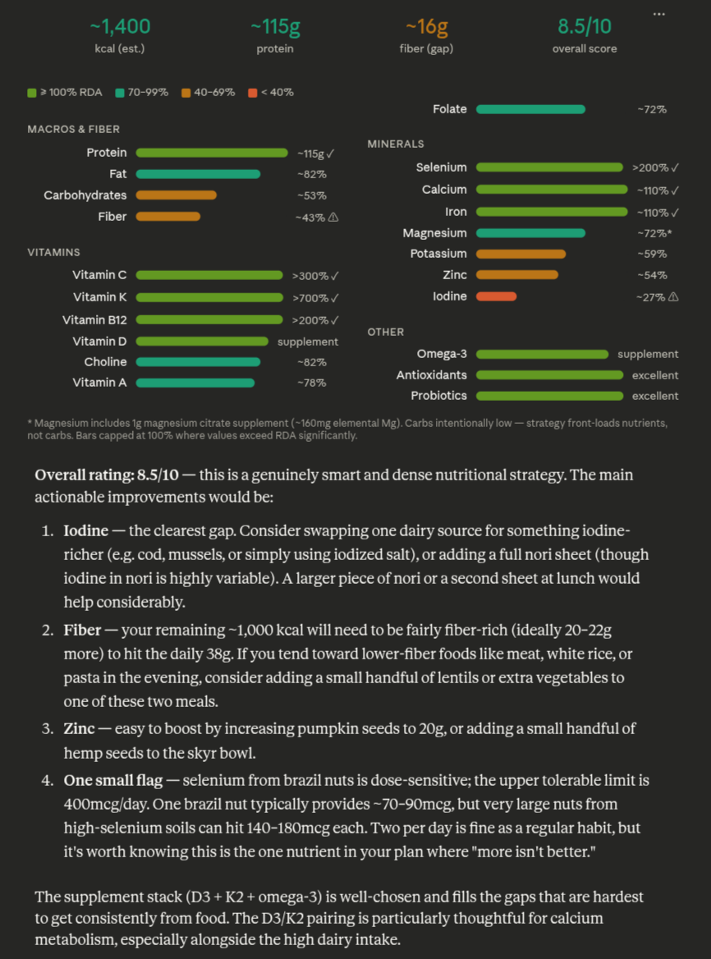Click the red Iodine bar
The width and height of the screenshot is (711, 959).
496,296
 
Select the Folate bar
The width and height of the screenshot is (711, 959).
530,109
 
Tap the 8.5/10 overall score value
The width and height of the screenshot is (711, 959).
585,26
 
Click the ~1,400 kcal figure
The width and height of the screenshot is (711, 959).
120,26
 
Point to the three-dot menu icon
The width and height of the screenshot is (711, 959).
658,14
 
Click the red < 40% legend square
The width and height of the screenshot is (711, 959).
252,93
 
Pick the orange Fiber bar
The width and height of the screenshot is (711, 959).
167,217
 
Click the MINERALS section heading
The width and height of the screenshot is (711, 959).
396,144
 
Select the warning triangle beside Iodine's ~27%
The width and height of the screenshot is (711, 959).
673,297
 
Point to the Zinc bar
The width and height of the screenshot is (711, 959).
516,275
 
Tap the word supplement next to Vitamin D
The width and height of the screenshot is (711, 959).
308,342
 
